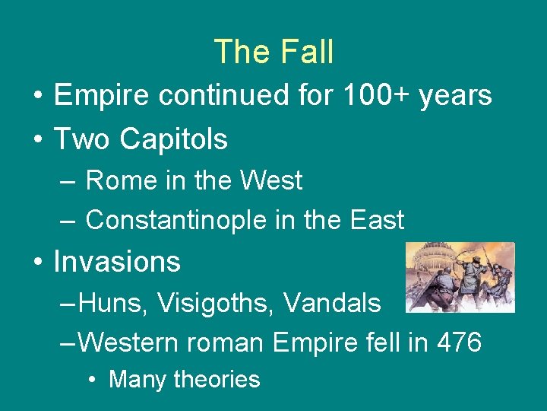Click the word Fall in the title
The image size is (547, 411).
307,52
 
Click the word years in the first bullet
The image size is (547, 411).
460,96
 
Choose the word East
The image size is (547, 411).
377,220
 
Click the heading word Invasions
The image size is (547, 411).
117,262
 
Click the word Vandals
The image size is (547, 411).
332,303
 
